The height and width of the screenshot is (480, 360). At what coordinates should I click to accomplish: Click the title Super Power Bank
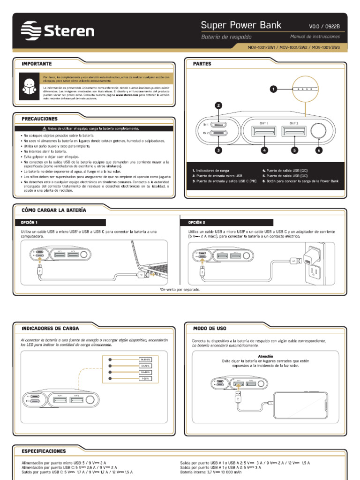coord(241,25)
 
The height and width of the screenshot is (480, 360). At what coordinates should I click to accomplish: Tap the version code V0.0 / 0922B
coord(324,26)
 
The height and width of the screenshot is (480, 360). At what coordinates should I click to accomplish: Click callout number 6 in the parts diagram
coord(319,150)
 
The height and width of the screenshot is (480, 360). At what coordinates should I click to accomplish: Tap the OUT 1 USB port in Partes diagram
coord(264,132)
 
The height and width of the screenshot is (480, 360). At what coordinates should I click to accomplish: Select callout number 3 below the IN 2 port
coord(218,150)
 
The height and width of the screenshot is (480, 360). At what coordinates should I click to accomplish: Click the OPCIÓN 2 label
coord(197,222)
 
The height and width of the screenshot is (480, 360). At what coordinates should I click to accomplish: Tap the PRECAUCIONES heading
coord(39,119)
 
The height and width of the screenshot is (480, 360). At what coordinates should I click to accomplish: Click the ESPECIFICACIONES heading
coord(44,451)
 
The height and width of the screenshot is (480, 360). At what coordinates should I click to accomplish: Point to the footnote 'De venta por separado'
coord(180,289)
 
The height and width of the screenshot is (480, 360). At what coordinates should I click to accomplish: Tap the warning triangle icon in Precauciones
coord(44,128)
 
